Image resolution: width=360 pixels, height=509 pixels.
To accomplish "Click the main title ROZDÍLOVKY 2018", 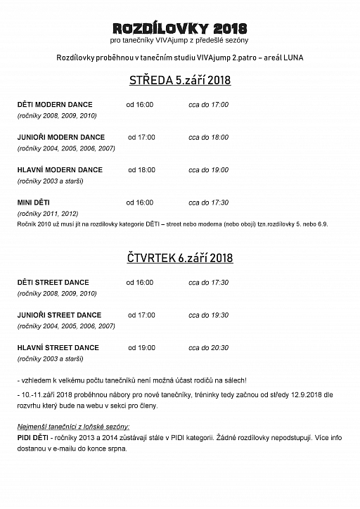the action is (180, 28).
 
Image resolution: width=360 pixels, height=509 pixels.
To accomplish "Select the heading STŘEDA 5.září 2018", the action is (180, 80).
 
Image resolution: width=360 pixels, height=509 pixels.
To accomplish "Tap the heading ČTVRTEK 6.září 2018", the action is (180, 258).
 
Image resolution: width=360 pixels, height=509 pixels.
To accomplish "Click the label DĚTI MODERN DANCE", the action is (55, 105).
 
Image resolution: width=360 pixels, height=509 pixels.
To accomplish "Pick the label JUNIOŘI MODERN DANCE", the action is (60, 137).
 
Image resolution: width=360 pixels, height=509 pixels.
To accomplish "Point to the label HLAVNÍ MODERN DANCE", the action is (60, 169).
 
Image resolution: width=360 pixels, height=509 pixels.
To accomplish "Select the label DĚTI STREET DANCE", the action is (53, 283).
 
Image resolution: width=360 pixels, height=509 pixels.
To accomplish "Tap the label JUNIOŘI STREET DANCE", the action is (59, 315).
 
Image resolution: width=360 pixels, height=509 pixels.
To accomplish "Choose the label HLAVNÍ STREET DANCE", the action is (58, 347).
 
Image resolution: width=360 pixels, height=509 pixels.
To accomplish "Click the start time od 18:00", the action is (141, 169).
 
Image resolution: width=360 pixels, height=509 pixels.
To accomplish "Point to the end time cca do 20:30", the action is (208, 347).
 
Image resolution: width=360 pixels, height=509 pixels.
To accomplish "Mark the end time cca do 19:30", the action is (208, 315).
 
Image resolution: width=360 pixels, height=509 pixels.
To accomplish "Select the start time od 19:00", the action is (141, 347).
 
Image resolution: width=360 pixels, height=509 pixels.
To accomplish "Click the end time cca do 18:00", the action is (208, 137).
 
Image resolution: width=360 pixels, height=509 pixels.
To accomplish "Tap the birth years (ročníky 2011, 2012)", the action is (48, 213).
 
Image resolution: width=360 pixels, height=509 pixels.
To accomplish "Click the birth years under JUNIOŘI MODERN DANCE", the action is (65, 148).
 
